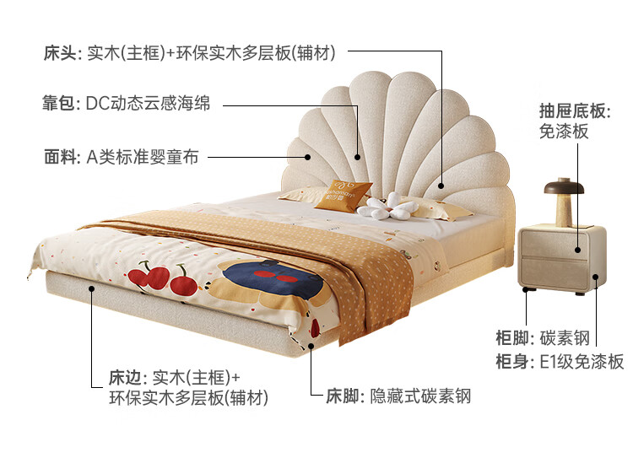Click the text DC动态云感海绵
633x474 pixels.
[x=149, y=105]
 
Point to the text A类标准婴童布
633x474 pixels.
[x=143, y=157]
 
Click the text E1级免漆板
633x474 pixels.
[x=582, y=362]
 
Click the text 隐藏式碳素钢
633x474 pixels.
[x=420, y=396]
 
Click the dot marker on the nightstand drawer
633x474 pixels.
[x=577, y=249]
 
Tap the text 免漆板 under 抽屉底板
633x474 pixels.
[x=564, y=132]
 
